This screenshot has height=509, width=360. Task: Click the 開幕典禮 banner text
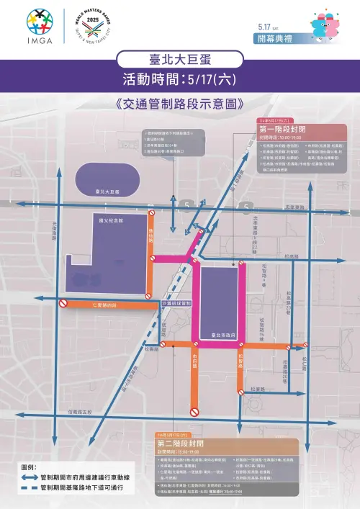(x=275, y=39)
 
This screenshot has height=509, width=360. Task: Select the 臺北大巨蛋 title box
(x=179, y=61)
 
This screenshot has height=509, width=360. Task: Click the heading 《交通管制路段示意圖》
(x=179, y=103)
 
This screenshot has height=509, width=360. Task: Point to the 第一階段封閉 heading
(x=282, y=129)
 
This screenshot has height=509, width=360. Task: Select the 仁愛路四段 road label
(x=109, y=305)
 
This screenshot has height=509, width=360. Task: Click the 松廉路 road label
(x=258, y=389)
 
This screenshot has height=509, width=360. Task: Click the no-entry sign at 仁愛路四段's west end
(x=63, y=305)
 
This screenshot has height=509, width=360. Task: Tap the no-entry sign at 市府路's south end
(x=194, y=412)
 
